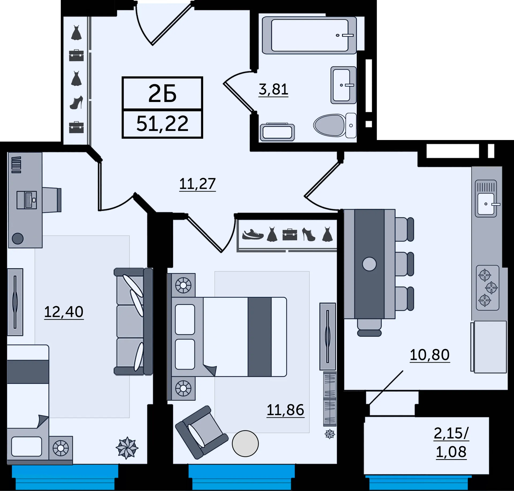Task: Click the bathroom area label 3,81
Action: click(x=273, y=89)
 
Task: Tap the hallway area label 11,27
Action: click(x=197, y=184)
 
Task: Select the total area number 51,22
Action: click(x=162, y=124)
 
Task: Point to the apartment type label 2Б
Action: click(x=162, y=93)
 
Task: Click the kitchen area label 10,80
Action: click(x=430, y=355)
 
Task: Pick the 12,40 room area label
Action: click(x=64, y=312)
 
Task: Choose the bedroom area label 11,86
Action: click(x=285, y=410)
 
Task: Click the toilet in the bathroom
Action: click(x=335, y=125)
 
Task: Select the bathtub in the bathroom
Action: click(x=309, y=35)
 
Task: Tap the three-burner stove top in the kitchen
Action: click(x=487, y=288)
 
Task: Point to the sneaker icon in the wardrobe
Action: click(x=253, y=234)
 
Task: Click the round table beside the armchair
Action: click(x=245, y=444)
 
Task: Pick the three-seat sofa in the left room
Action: click(x=133, y=321)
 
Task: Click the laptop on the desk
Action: click(x=27, y=200)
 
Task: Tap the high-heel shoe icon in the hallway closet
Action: click(x=76, y=103)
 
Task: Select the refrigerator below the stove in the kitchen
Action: click(x=489, y=347)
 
